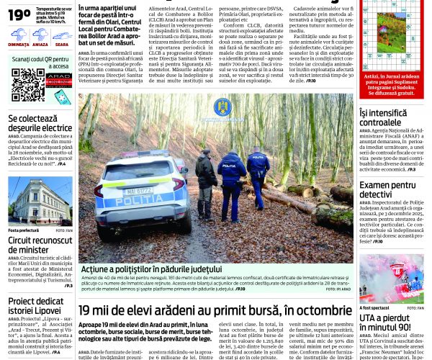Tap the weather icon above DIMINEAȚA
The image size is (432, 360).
click(19, 33)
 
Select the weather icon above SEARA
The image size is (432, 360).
click(61, 33)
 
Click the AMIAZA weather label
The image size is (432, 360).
click(40, 45)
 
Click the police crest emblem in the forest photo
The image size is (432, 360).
click(222, 107)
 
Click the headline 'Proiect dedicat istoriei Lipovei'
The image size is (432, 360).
click(40, 307)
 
